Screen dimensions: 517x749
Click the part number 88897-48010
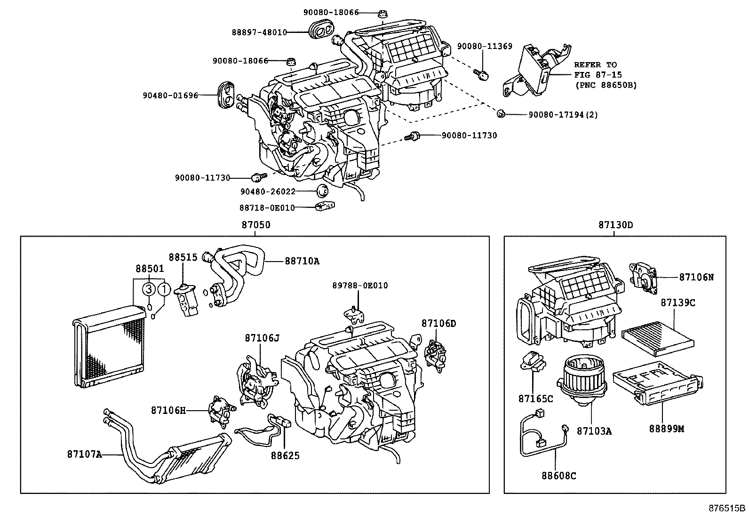(x=259, y=32)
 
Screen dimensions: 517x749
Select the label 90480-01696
(x=170, y=95)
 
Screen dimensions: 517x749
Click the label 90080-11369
(x=485, y=47)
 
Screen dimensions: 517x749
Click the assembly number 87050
(x=256, y=225)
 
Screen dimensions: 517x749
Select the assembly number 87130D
(x=615, y=225)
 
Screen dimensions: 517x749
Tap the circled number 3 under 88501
(x=148, y=289)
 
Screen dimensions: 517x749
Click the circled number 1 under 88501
(x=164, y=289)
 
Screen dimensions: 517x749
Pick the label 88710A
(x=302, y=261)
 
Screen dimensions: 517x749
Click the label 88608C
(x=558, y=476)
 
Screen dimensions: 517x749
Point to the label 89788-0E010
(x=360, y=286)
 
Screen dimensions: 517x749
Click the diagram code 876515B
(x=727, y=508)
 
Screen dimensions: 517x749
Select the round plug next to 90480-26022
(x=322, y=191)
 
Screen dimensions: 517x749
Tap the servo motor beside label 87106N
(x=642, y=278)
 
